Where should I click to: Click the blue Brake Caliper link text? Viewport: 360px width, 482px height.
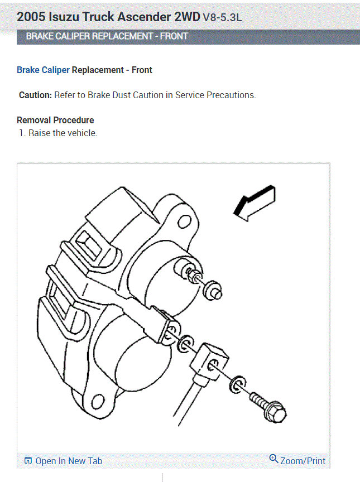click(x=43, y=70)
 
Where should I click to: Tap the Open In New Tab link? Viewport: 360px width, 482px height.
click(x=68, y=461)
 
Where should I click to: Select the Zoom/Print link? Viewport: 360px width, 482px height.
click(x=303, y=461)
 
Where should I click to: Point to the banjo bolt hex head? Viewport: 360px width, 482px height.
click(x=276, y=413)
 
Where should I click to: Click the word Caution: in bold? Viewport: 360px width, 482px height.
click(x=35, y=95)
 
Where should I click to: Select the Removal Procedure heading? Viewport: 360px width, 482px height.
click(x=55, y=120)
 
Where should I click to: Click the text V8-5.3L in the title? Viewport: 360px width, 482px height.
click(x=222, y=17)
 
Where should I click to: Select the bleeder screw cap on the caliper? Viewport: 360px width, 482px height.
click(x=214, y=290)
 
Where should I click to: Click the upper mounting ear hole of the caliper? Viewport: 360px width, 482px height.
click(x=183, y=223)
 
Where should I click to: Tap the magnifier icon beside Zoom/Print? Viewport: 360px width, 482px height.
click(x=273, y=459)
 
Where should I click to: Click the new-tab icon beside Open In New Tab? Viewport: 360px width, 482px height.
click(x=28, y=461)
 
